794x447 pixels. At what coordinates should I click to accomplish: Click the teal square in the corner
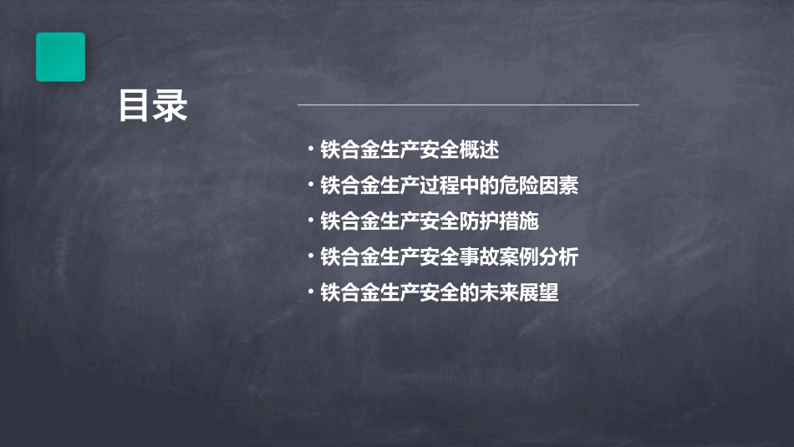(60, 57)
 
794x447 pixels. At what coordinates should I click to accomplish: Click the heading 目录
(153, 106)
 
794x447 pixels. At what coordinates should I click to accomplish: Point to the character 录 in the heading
(171, 106)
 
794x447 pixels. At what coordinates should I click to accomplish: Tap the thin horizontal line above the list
(468, 105)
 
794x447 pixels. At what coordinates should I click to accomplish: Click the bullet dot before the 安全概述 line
(310, 150)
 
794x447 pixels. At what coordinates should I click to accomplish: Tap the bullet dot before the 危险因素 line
(310, 185)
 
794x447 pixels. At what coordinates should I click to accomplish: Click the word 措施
(521, 221)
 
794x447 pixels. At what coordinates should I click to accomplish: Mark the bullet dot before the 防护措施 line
(310, 221)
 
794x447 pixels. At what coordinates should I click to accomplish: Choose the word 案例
(521, 257)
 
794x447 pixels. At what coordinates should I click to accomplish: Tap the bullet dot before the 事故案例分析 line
(310, 256)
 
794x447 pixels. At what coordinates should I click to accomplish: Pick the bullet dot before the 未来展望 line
(310, 292)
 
